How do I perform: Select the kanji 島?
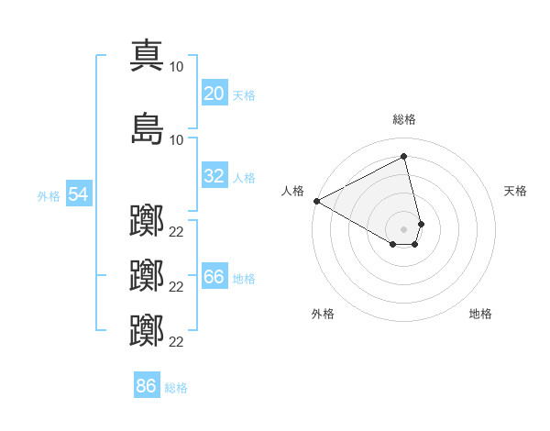pyautogui.click(x=148, y=128)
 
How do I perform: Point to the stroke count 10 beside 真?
pyautogui.click(x=177, y=67)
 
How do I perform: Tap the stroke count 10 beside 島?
pyautogui.click(x=177, y=139)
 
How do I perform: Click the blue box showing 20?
pyautogui.click(x=214, y=94)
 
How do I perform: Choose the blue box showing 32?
pyautogui.click(x=214, y=176)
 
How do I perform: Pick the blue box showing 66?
pyautogui.click(x=214, y=277)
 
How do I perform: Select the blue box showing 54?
pyautogui.click(x=78, y=194)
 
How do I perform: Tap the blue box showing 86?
pyautogui.click(x=147, y=385)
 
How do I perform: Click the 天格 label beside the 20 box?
pyautogui.click(x=244, y=95)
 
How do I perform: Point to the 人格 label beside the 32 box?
pyautogui.click(x=244, y=178)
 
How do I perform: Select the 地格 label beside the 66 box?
pyautogui.click(x=244, y=279)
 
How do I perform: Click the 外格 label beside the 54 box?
pyautogui.click(x=49, y=196)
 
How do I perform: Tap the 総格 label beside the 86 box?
pyautogui.click(x=177, y=388)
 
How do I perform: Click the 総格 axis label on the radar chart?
pyautogui.click(x=404, y=119)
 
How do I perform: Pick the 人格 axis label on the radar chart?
pyautogui.click(x=292, y=191)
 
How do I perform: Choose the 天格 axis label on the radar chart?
pyautogui.click(x=516, y=191)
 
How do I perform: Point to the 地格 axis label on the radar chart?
pyautogui.click(x=480, y=314)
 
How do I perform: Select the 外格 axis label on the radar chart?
pyautogui.click(x=323, y=314)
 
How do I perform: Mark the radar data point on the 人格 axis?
pyautogui.click(x=316, y=201)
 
